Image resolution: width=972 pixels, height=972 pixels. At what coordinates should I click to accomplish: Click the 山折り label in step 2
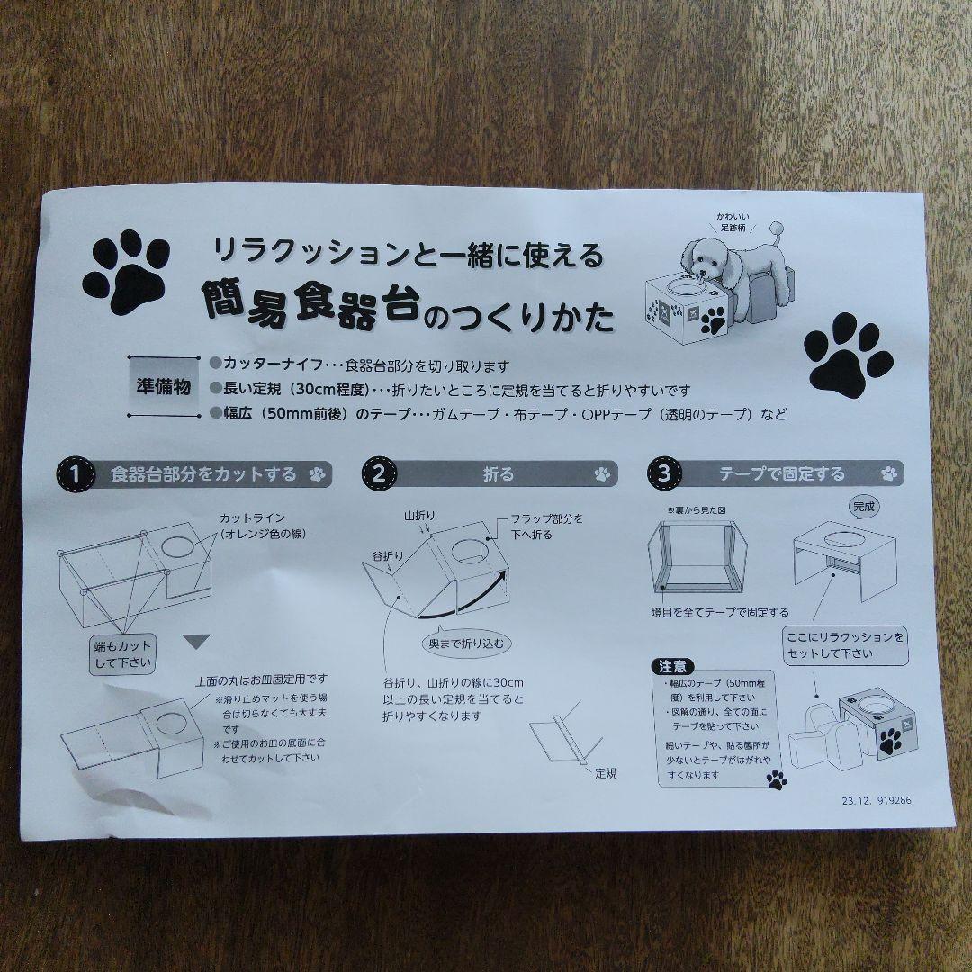coord(419,515)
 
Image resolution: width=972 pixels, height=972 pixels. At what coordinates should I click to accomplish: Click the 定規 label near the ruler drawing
coord(605,772)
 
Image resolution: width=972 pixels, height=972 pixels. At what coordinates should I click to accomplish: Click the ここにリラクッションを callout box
coord(844,645)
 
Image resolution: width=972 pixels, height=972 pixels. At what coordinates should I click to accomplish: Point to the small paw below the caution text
coord(776,779)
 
